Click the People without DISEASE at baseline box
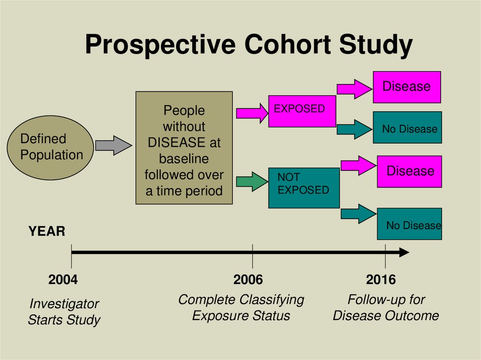click(x=184, y=148)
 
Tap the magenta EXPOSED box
click(x=302, y=111)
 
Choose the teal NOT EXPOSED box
click(x=303, y=188)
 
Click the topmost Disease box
click(x=407, y=87)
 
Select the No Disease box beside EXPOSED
click(x=407, y=127)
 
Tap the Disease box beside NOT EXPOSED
click(x=409, y=171)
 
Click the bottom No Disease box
click(x=409, y=224)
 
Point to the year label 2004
click(x=63, y=280)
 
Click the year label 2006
click(x=248, y=280)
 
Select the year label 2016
click(x=381, y=280)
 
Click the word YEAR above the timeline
click(x=47, y=231)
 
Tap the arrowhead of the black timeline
click(x=403, y=253)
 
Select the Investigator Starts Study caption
click(x=64, y=312)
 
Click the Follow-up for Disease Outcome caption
click(x=386, y=307)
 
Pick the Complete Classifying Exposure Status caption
click(x=241, y=307)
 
